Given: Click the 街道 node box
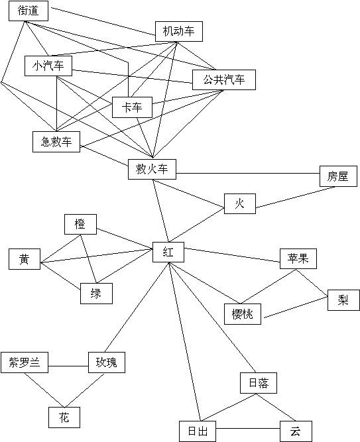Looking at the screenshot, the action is (29, 11).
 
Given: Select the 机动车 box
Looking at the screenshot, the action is (179, 31).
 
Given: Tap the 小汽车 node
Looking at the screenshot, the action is (48, 66).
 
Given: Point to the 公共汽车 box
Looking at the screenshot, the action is (224, 80).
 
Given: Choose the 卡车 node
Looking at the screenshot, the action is (132, 107).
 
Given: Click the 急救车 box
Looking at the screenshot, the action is (56, 142).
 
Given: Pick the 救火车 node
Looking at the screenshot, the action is (152, 169).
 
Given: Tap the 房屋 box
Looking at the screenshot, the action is (338, 176).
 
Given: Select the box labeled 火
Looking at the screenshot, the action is (240, 203).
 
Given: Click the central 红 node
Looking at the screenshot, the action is (168, 252).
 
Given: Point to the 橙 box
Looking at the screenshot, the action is (80, 225).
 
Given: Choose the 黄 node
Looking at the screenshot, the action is (25, 259).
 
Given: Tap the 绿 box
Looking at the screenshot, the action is (96, 294).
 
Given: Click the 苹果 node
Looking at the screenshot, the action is (298, 259).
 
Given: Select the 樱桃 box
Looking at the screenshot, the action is (243, 314).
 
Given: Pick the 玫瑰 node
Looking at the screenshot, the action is (107, 362).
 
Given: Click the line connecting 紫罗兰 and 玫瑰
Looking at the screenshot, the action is (68, 366).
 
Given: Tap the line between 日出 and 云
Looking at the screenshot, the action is (248, 429).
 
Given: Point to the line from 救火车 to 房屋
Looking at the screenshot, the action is (248, 174).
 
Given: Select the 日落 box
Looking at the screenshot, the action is (259, 383).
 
